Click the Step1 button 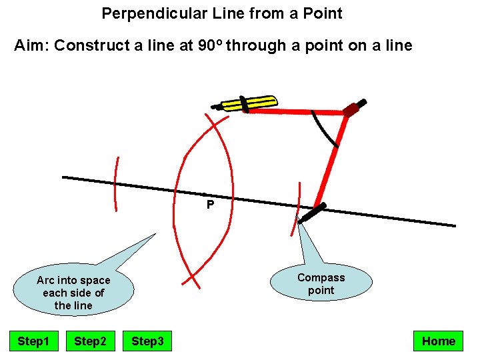click(33, 341)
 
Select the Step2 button click(90, 341)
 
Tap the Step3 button click(147, 341)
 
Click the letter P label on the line click(210, 205)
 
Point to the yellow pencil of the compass click(249, 103)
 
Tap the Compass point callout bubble click(321, 283)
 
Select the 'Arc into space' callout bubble click(73, 292)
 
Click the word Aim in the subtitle click(31, 45)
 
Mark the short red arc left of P click(117, 183)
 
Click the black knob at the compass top click(361, 103)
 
